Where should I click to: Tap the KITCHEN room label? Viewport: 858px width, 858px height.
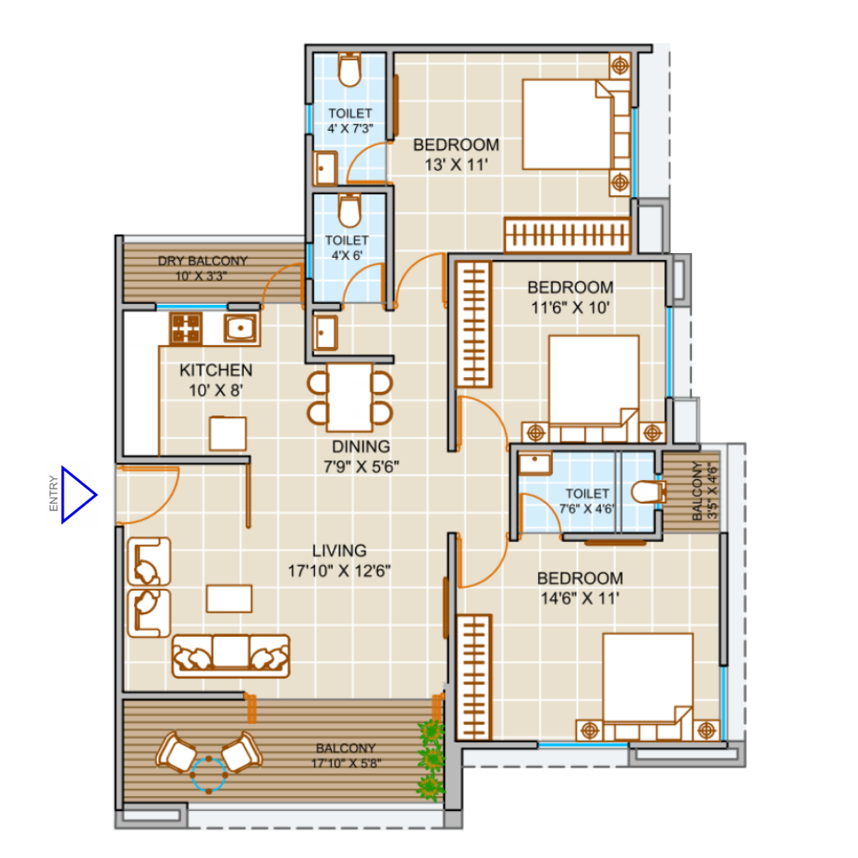[216, 370]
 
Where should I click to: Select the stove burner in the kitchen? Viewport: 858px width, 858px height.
[185, 328]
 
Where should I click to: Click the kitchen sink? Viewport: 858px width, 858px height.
[240, 328]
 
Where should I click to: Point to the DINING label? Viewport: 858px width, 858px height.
[361, 447]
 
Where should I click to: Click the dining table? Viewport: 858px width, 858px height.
[349, 398]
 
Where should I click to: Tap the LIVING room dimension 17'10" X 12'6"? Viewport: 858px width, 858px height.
[339, 571]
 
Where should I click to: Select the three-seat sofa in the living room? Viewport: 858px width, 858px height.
[231, 656]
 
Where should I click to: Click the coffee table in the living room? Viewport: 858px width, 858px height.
[230, 598]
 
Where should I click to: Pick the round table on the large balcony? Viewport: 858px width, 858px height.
[209, 774]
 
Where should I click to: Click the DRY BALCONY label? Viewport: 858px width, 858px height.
[203, 261]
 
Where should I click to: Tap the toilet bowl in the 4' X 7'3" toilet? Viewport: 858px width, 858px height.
[349, 70]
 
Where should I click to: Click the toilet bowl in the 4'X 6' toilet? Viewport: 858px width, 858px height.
[349, 210]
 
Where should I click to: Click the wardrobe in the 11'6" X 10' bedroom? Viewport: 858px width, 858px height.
[474, 324]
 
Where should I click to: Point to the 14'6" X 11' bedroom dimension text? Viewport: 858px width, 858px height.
[580, 598]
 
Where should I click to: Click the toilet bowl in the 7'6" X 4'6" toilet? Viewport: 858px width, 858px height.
[649, 491]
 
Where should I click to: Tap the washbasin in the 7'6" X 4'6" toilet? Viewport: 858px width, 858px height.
[535, 464]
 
